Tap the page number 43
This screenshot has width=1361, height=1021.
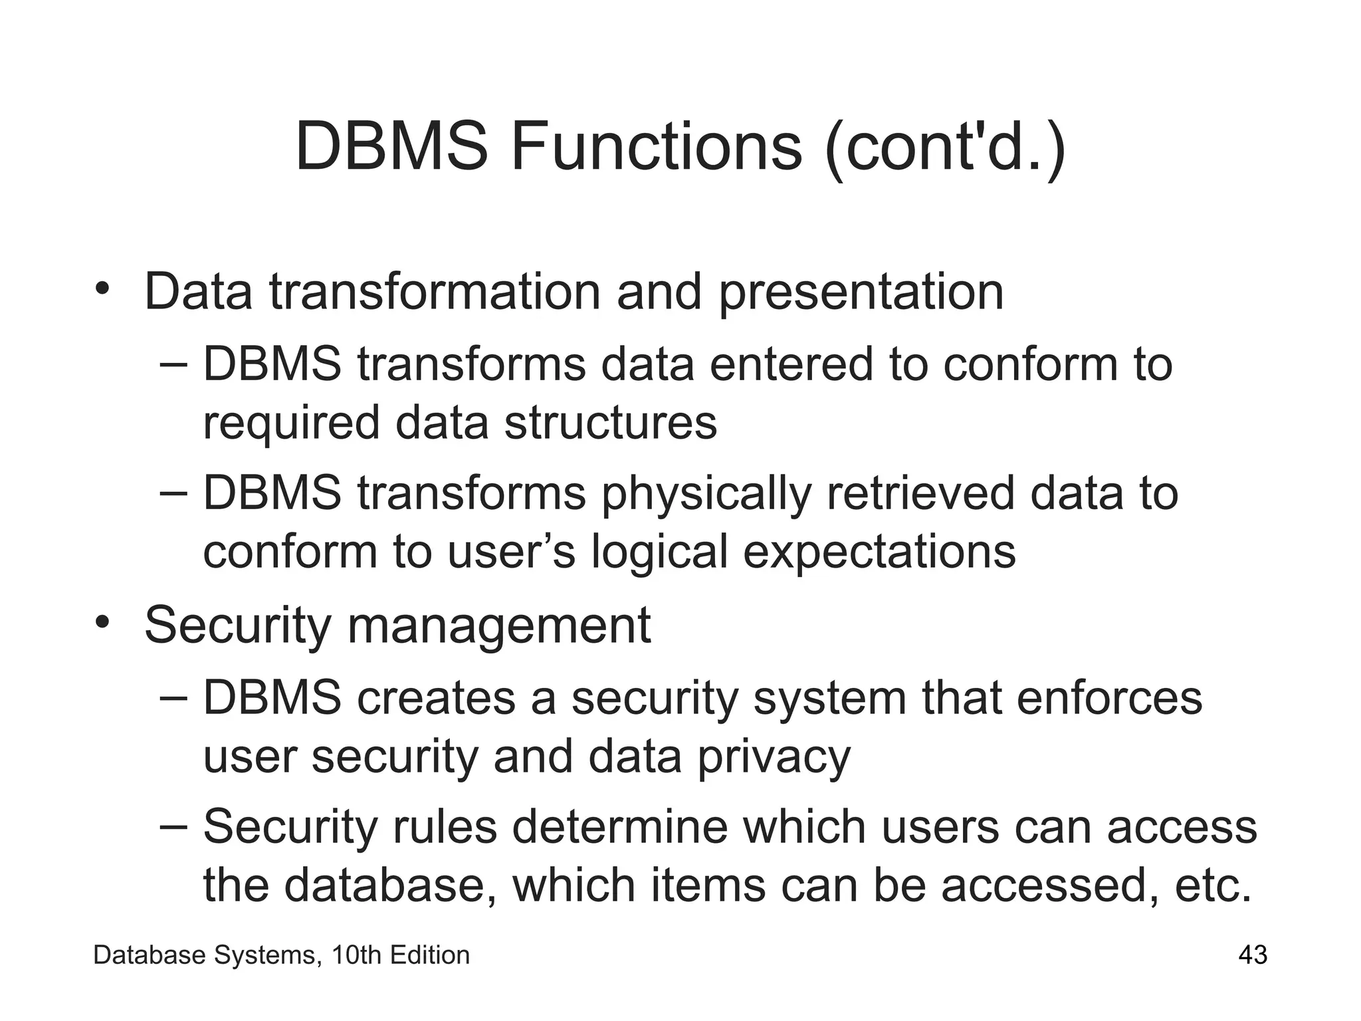point(1253,956)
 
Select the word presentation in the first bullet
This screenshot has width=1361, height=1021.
point(861,292)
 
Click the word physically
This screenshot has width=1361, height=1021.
point(706,495)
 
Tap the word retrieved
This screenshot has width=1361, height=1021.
point(920,494)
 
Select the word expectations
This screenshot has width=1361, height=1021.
point(879,552)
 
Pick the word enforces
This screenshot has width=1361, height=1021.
point(1109,698)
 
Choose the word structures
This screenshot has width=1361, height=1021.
point(611,423)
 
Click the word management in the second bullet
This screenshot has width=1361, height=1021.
point(498,627)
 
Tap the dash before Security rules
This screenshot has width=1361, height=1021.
point(174,826)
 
